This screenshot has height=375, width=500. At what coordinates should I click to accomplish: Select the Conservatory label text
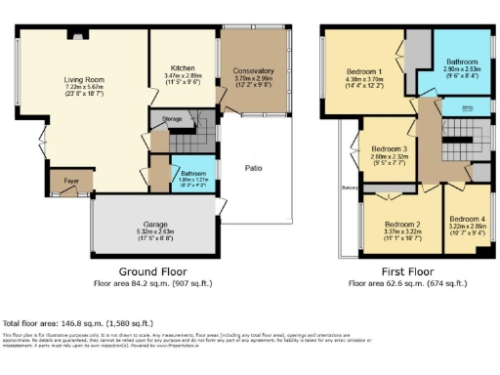click(253, 71)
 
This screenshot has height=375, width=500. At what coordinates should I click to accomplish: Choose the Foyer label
click(71, 181)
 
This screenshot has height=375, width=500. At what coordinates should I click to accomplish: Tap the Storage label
click(172, 122)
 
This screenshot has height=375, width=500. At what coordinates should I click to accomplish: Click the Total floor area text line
click(77, 322)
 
